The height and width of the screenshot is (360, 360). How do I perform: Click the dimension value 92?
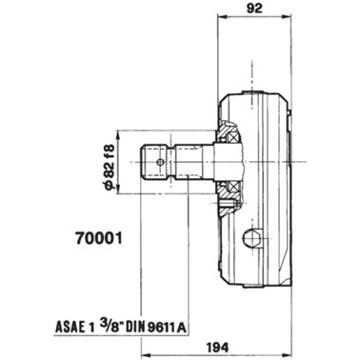pos(254,9)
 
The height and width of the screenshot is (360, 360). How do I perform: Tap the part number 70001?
pos(99,238)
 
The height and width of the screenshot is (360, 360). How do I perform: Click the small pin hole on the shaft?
pos(160,162)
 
